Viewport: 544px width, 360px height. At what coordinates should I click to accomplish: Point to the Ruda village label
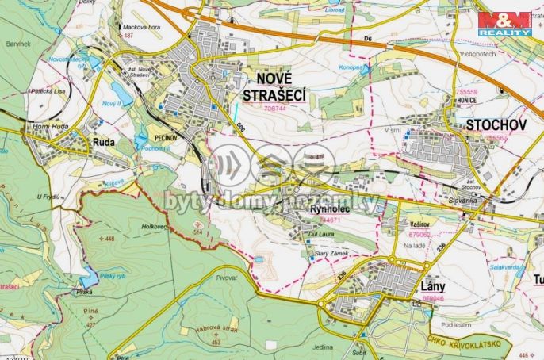click(x=105, y=143)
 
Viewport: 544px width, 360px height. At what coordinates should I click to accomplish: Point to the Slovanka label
click(x=462, y=199)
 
